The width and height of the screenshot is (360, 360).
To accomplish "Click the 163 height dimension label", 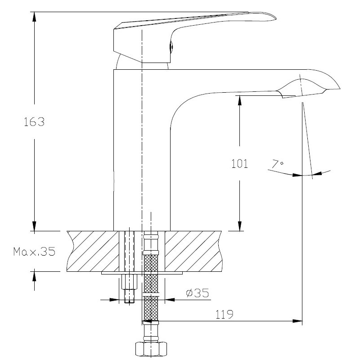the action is pyautogui.click(x=34, y=121).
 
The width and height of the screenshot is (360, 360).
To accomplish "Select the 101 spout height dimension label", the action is pyautogui.click(x=239, y=164).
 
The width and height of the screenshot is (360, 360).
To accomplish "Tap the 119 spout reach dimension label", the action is pyautogui.click(x=224, y=314).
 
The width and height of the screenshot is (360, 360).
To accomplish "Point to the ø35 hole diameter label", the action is pyautogui.click(x=198, y=293).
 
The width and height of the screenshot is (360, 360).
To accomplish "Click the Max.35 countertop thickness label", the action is pyautogui.click(x=35, y=252).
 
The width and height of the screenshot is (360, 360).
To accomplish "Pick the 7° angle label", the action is pyautogui.click(x=278, y=164).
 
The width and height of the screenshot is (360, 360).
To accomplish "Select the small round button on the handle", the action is pyautogui.click(x=171, y=47).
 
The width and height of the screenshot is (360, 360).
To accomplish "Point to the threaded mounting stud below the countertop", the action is pyautogui.click(x=129, y=288).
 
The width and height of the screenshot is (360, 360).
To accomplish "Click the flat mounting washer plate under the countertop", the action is pyautogui.click(x=142, y=273).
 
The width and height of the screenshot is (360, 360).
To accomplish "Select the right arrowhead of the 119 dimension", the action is pyautogui.click(x=297, y=321).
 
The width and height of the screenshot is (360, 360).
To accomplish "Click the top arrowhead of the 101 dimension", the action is pyautogui.click(x=240, y=100).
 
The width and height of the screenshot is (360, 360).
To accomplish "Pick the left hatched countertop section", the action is pyautogui.click(x=93, y=252).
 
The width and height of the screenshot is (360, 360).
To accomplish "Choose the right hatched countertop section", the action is pyautogui.click(x=193, y=252).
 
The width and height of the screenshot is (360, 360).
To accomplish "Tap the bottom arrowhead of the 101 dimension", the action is pyautogui.click(x=240, y=226).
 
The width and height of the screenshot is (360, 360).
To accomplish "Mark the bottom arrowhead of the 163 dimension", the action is pyautogui.click(x=34, y=226).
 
